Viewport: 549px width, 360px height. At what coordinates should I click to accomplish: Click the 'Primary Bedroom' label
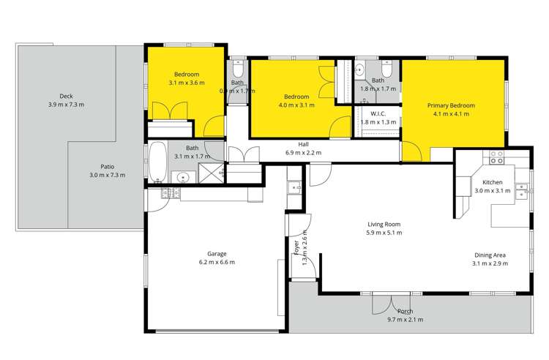coord(451,105)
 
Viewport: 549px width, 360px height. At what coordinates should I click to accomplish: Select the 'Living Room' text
coord(384,224)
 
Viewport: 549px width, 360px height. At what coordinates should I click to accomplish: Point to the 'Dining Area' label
coord(489,254)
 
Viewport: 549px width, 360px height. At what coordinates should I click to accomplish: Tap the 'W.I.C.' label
coord(378,113)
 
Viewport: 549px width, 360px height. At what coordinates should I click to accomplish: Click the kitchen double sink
coord(522,192)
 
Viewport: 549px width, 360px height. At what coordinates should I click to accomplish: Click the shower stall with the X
coord(210,176)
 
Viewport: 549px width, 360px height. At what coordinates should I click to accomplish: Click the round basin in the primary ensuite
coord(359,70)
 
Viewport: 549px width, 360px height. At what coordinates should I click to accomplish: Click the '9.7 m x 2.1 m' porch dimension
coord(406,319)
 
